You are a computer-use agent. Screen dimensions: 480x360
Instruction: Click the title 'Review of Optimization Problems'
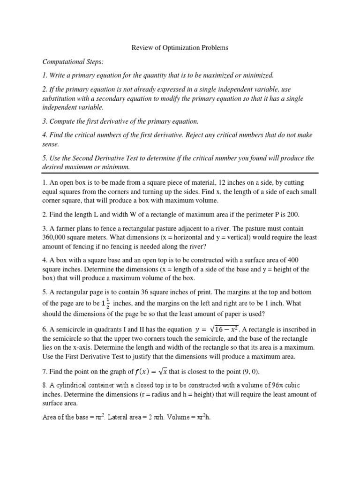click(x=180, y=48)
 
